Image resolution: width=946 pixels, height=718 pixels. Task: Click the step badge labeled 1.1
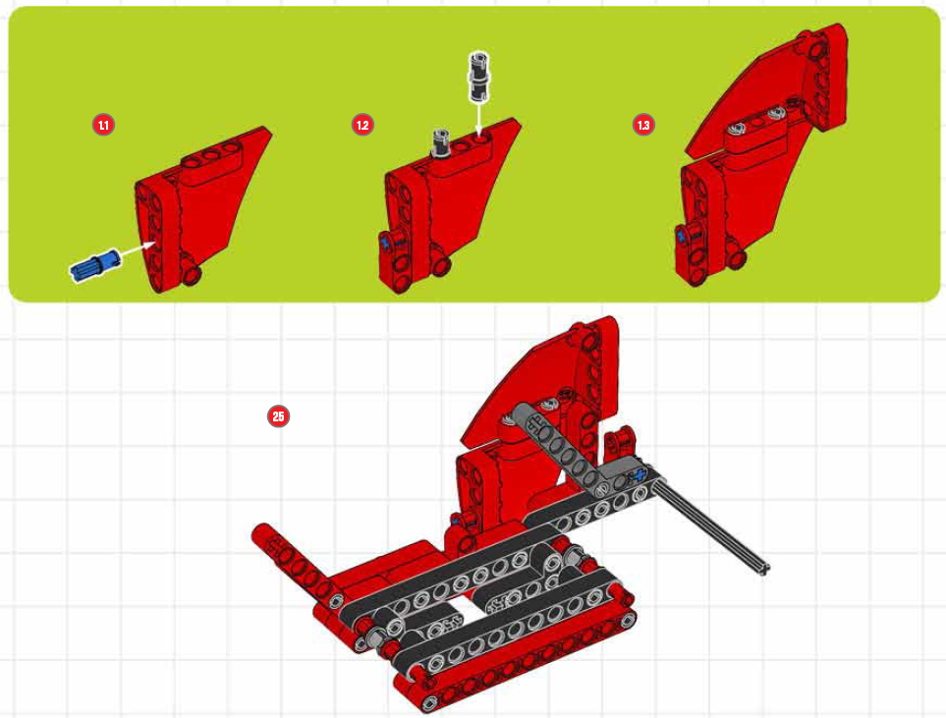tap(103, 125)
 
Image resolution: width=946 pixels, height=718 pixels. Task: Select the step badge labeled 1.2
tap(362, 125)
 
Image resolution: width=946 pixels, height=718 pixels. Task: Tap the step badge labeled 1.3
tap(643, 125)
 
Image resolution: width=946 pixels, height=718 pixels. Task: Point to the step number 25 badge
tap(278, 416)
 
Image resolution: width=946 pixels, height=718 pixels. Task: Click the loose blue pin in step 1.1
tap(95, 266)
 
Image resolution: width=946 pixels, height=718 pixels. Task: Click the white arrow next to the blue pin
tap(139, 248)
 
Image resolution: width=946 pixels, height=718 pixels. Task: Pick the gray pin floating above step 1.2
tap(478, 76)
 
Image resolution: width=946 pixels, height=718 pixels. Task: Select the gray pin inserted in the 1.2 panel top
tap(442, 143)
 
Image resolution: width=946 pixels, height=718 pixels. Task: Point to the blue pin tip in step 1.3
tap(680, 236)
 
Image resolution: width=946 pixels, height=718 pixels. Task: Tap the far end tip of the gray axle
tap(764, 569)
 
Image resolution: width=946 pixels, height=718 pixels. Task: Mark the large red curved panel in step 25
tap(530, 380)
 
